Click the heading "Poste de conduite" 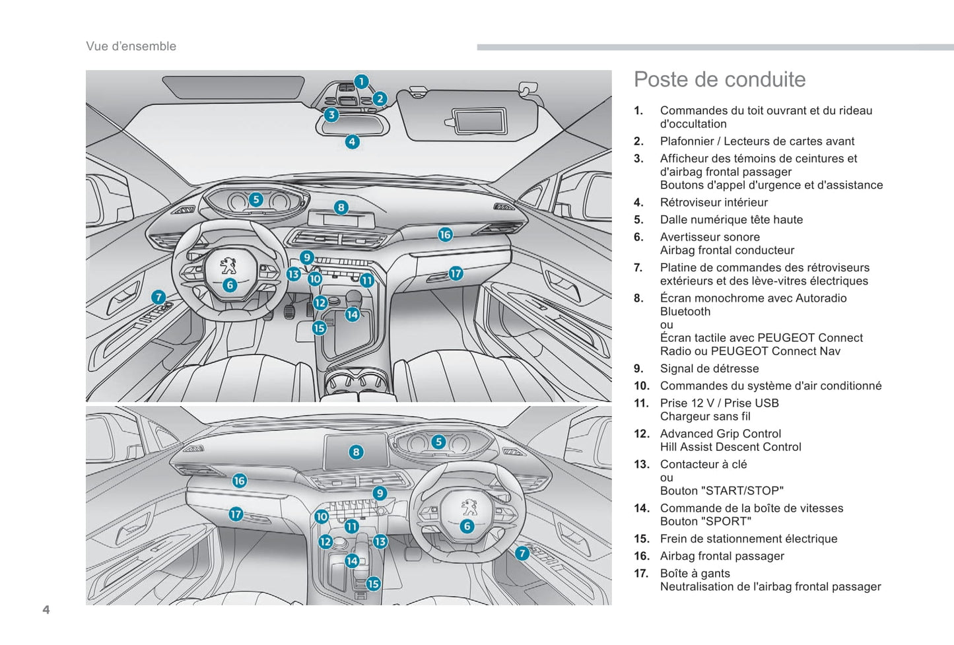pyautogui.click(x=720, y=80)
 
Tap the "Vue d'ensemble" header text pyautogui.click(x=131, y=46)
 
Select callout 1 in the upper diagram pyautogui.click(x=361, y=81)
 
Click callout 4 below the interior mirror pyautogui.click(x=352, y=141)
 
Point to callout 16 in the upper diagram pyautogui.click(x=445, y=234)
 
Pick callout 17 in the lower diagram pyautogui.click(x=236, y=514)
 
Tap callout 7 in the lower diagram pyautogui.click(x=522, y=553)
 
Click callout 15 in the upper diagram pyautogui.click(x=320, y=327)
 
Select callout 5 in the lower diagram pyautogui.click(x=438, y=442)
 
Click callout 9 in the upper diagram pyautogui.click(x=306, y=257)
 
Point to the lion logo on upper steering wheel pyautogui.click(x=228, y=265)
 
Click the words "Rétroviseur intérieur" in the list pyautogui.click(x=714, y=203)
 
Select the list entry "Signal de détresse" pyautogui.click(x=709, y=369)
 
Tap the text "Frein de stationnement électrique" pyautogui.click(x=748, y=539)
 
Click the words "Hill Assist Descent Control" pyautogui.click(x=730, y=447)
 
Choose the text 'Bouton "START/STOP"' pyautogui.click(x=722, y=491)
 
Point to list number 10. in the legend pyautogui.click(x=642, y=386)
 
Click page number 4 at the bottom pyautogui.click(x=46, y=609)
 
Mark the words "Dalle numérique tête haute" pyautogui.click(x=731, y=220)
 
